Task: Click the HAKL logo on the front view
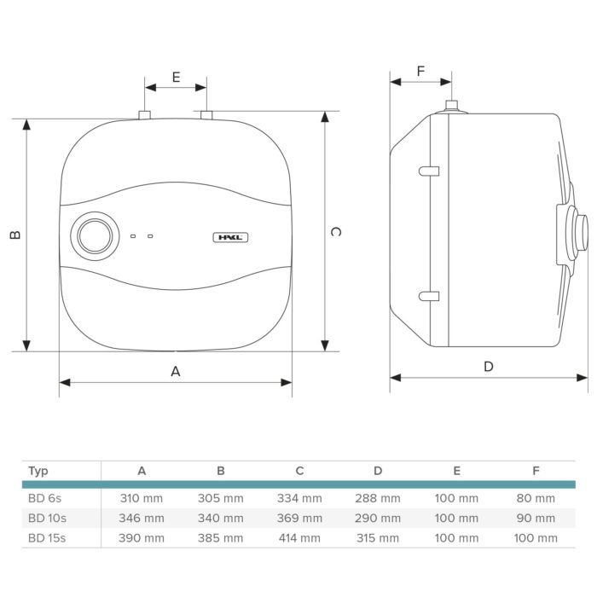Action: (x=230, y=238)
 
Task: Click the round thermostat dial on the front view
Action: (x=95, y=236)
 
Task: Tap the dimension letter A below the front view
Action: (x=175, y=371)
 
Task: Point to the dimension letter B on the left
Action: (x=14, y=235)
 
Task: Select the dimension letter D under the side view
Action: (x=489, y=367)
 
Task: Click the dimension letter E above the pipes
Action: (x=176, y=78)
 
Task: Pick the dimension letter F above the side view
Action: (x=420, y=71)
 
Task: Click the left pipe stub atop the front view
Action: (x=144, y=115)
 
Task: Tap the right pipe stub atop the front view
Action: (x=206, y=115)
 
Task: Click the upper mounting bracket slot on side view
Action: (x=429, y=171)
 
